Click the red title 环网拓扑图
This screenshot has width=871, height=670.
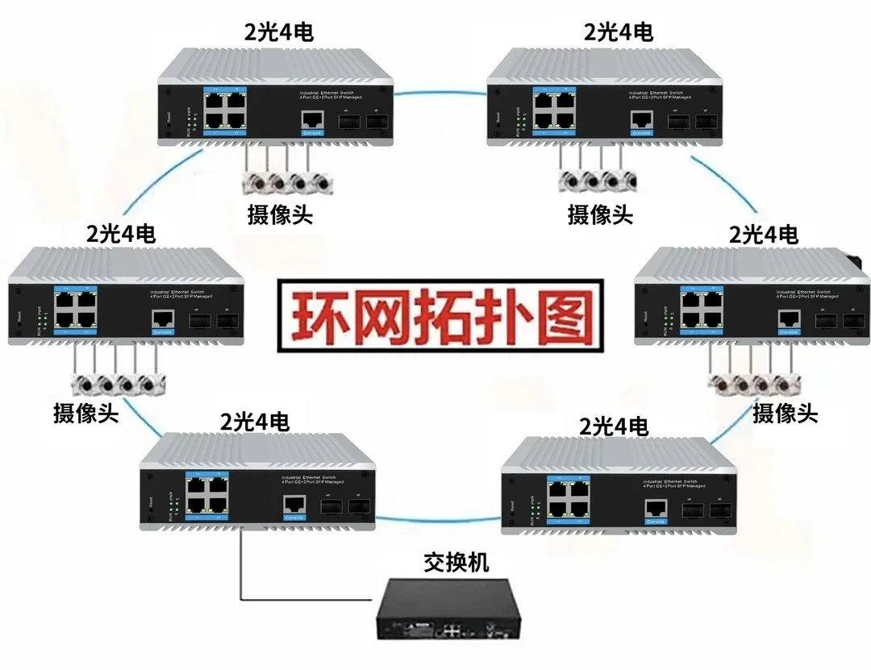point(440,318)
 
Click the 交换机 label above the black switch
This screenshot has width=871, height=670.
point(456,562)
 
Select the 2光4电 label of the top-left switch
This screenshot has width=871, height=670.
point(279,32)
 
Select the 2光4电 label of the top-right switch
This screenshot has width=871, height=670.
point(619,31)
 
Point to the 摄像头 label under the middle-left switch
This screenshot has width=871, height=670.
point(86,414)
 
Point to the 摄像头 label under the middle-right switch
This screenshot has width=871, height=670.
point(785,414)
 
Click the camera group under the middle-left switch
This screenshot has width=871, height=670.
point(117,383)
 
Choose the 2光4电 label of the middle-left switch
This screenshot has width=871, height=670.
point(121,234)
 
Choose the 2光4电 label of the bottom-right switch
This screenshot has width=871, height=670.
point(614,427)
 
